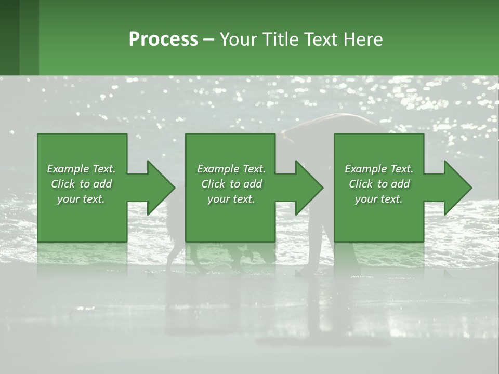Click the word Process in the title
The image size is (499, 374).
pos(163,39)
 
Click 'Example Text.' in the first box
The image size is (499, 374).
pos(81,169)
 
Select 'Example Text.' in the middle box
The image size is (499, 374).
pos(231,169)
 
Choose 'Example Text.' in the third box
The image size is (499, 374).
pos(379,169)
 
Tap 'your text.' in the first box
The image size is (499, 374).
pos(81,199)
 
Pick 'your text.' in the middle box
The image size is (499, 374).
pos(231,199)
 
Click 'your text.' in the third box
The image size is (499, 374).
pos(379,199)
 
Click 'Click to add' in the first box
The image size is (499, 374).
pos(81,184)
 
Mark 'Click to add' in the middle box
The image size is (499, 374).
pos(231,184)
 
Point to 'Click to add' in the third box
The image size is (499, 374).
pos(379,184)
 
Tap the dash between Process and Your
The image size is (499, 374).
pos(209,40)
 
